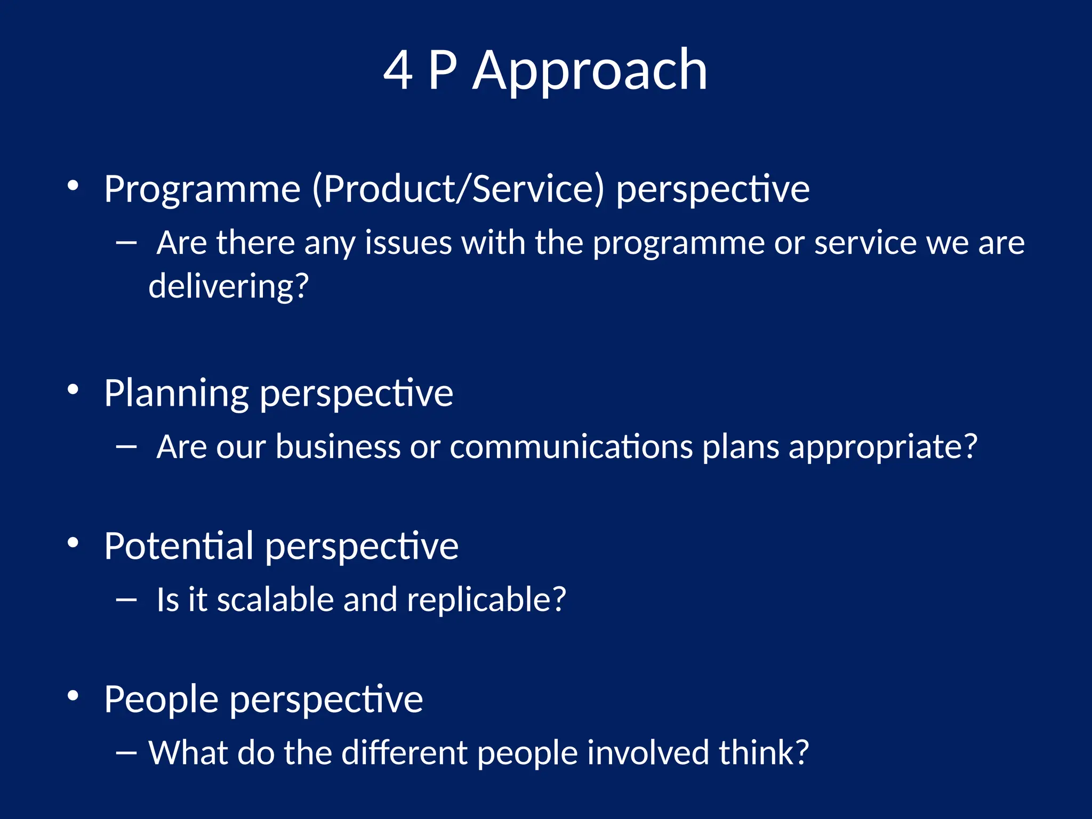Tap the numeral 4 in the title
coord(398,70)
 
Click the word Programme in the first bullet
coord(202,189)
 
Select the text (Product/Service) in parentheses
coord(459,189)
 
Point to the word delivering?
coord(228,286)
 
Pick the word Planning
coord(176,394)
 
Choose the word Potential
coord(179,546)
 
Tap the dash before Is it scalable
coord(126,600)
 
